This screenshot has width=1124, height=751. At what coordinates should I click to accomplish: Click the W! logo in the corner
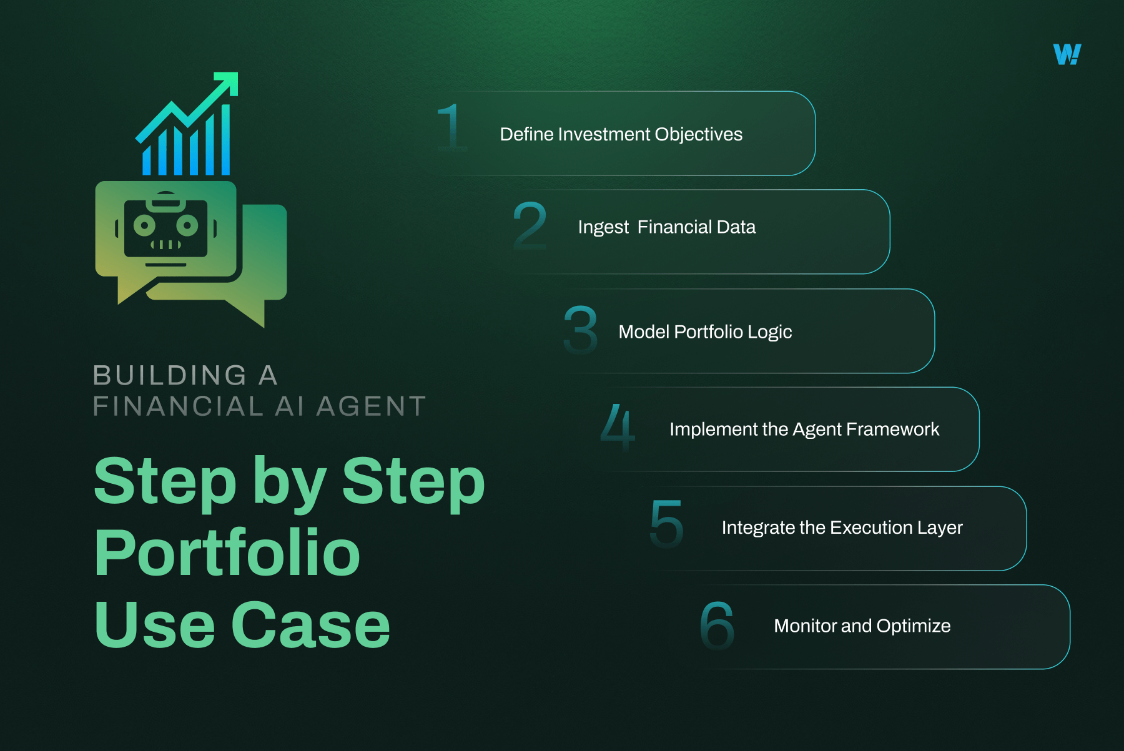[x=1067, y=54]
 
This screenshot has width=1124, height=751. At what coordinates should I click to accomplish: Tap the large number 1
[x=451, y=128]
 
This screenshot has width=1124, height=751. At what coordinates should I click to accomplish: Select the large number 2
[x=530, y=226]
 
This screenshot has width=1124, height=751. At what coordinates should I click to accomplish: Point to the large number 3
[x=580, y=330]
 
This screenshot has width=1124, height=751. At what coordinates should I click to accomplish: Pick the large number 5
[x=666, y=524]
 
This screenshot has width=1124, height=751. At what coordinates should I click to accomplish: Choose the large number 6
[x=717, y=625]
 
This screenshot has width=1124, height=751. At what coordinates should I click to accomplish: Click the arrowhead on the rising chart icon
[x=228, y=82]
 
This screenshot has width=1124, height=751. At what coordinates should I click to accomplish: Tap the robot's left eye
[x=144, y=225]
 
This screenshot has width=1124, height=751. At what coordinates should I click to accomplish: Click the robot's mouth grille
[x=165, y=245]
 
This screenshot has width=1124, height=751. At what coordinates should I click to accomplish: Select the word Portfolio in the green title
[x=227, y=553]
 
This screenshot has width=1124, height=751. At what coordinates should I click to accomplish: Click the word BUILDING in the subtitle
[x=169, y=376]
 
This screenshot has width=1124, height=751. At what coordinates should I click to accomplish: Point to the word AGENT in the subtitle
[x=371, y=406]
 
